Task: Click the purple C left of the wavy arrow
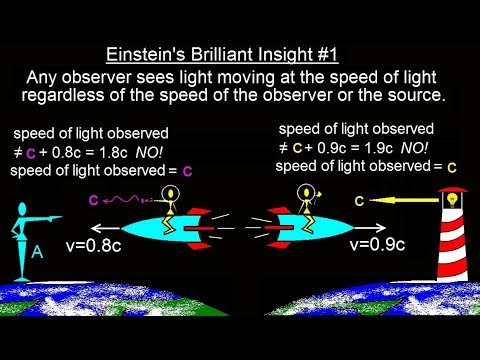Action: tap(93, 199)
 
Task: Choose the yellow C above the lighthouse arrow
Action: tap(357, 201)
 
